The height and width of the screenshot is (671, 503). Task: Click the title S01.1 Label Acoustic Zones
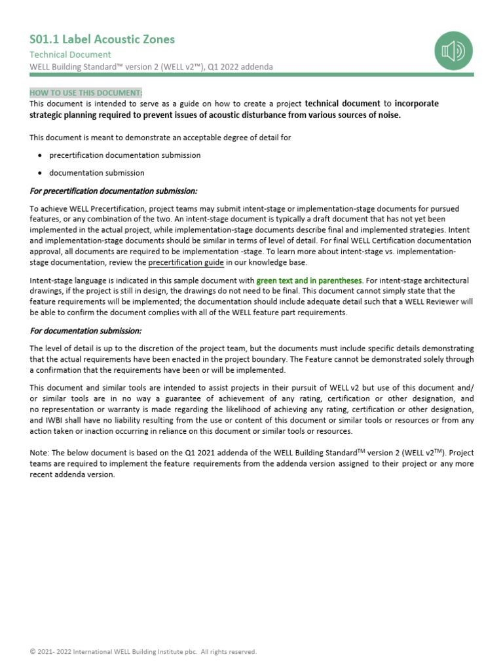tap(102, 39)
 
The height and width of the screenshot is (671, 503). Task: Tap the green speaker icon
tap(453, 50)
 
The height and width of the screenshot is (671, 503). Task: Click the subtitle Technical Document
tap(70, 54)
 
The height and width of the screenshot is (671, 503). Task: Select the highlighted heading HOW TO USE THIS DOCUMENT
tap(86, 92)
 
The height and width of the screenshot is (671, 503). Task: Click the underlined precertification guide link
tap(186, 263)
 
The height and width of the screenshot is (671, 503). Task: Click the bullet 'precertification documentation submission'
tap(125, 155)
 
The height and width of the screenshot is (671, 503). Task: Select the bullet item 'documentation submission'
tap(97, 173)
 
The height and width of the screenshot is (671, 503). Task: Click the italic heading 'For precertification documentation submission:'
tap(113, 191)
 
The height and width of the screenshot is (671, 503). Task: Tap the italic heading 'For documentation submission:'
tap(85, 331)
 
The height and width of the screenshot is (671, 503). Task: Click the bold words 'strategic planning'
tap(67, 115)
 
